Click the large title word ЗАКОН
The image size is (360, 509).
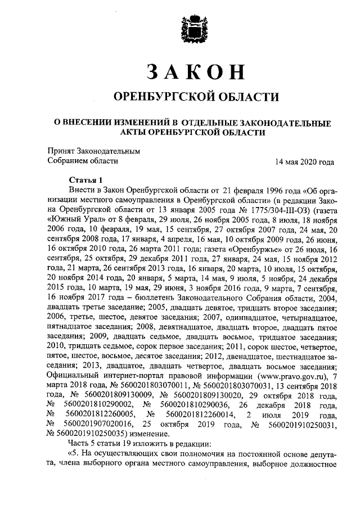(196, 72)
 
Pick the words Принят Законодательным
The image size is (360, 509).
(93, 151)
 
